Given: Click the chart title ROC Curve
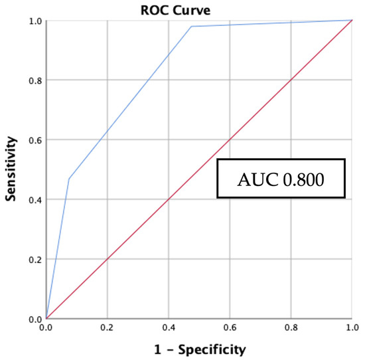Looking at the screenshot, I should click(x=198, y=8).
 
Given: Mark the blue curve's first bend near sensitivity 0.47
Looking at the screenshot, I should click(x=68, y=179).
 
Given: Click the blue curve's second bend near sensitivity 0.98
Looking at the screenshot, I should click(x=191, y=27).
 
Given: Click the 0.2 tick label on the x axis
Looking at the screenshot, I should click(x=107, y=328).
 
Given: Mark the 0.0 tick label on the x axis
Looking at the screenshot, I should click(x=46, y=328).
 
